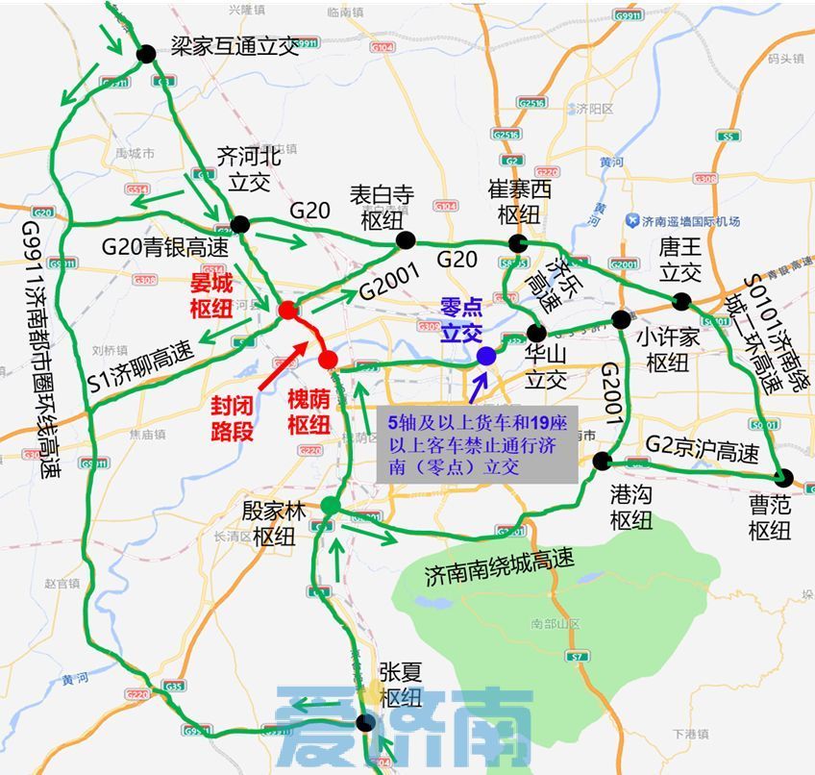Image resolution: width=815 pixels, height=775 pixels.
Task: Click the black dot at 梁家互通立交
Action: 146,54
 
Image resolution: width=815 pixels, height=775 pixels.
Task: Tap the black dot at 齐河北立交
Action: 240,225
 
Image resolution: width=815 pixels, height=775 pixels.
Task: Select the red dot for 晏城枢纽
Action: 286,310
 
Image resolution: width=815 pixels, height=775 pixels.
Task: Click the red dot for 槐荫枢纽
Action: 328,360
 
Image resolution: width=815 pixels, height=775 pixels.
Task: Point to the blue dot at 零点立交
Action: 486,356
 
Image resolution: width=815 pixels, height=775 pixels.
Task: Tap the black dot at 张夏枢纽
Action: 363,723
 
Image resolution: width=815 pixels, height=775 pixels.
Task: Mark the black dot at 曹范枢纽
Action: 783,477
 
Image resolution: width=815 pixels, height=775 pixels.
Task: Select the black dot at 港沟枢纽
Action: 602,461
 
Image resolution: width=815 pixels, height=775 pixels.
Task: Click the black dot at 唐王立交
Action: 682,301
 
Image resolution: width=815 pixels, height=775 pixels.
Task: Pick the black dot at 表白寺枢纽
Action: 407,240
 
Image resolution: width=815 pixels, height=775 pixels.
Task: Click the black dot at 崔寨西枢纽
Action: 518,242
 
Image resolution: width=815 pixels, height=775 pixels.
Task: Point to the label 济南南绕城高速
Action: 499,568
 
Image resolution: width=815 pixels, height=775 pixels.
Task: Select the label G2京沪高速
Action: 702,449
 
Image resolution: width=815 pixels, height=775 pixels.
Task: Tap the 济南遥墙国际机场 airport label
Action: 689,222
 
